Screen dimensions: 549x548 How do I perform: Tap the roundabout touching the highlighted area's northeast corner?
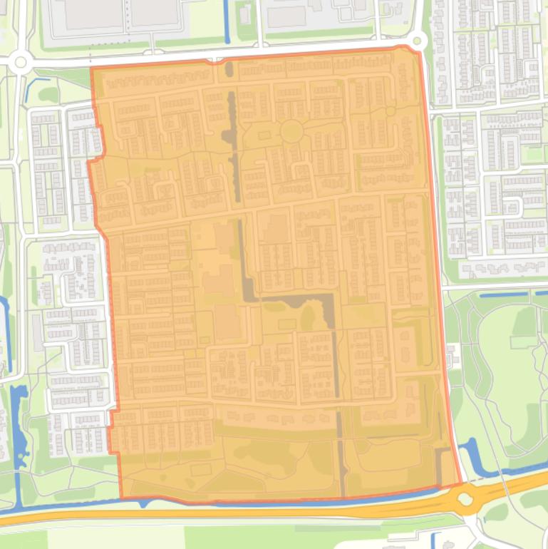click(418, 41)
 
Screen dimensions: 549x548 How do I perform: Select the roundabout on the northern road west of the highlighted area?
click(20, 63)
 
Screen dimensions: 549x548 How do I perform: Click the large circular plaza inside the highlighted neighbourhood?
click(291, 131)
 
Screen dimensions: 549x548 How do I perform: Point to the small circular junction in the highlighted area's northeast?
click(390, 111)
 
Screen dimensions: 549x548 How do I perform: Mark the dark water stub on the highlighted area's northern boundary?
click(229, 69)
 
